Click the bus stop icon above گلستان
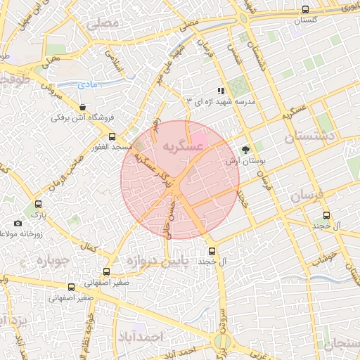[x=304, y=9]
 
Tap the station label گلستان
[x=304, y=20]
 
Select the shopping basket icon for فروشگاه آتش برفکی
[x=83, y=108]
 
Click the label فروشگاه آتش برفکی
[x=83, y=118]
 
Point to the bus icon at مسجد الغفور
[x=112, y=138]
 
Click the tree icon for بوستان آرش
[x=245, y=150]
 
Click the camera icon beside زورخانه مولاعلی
[x=17, y=224]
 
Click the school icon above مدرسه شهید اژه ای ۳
[x=221, y=91]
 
